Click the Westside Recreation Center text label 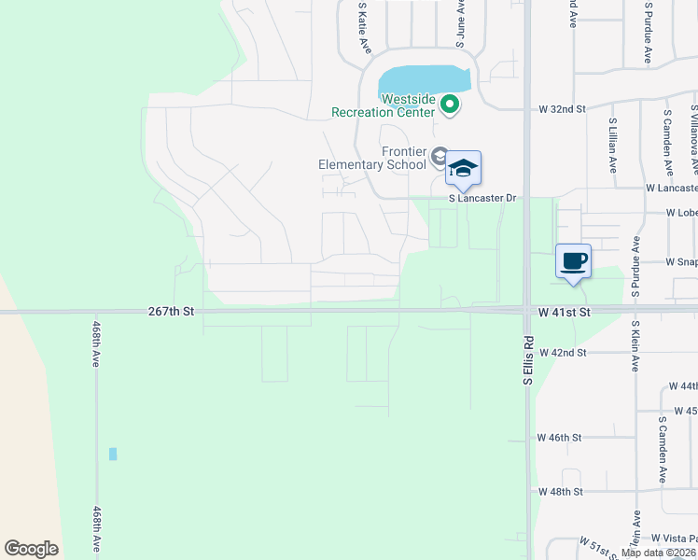[x=384, y=105]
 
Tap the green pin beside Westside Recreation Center [x=450, y=104]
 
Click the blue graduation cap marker [x=463, y=169]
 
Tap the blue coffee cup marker [x=574, y=260]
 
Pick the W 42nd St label [x=562, y=353]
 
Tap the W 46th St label [x=560, y=437]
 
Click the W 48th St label [x=560, y=491]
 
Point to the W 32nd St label [x=562, y=109]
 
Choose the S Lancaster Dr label [x=482, y=199]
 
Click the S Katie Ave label [x=364, y=27]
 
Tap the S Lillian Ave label [x=613, y=145]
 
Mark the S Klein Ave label [x=635, y=346]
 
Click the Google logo [x=31, y=549]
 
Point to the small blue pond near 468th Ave [x=113, y=454]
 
